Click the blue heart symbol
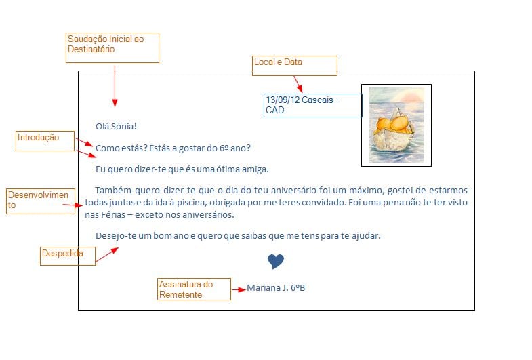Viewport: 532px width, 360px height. tap(276, 261)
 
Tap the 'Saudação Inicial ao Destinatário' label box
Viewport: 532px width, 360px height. tap(112, 48)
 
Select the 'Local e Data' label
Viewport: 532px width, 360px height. tap(295, 66)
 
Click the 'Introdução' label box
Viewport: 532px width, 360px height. tap(45, 141)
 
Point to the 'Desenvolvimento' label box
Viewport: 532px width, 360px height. tap(41, 201)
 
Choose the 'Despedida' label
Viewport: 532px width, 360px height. tap(68, 256)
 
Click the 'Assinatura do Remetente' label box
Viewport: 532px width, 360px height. tap(194, 289)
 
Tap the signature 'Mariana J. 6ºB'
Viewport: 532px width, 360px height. tap(276, 288)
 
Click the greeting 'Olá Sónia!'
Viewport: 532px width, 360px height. tap(116, 127)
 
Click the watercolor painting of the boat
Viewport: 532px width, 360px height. tap(396, 125)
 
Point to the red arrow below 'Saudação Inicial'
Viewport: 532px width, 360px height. tap(115, 86)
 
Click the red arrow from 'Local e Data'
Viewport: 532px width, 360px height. tap(298, 84)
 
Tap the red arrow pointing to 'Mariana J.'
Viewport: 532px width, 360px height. tap(239, 289)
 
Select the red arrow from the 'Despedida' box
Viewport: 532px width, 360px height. tap(107, 255)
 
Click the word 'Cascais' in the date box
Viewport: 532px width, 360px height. tap(317, 100)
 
